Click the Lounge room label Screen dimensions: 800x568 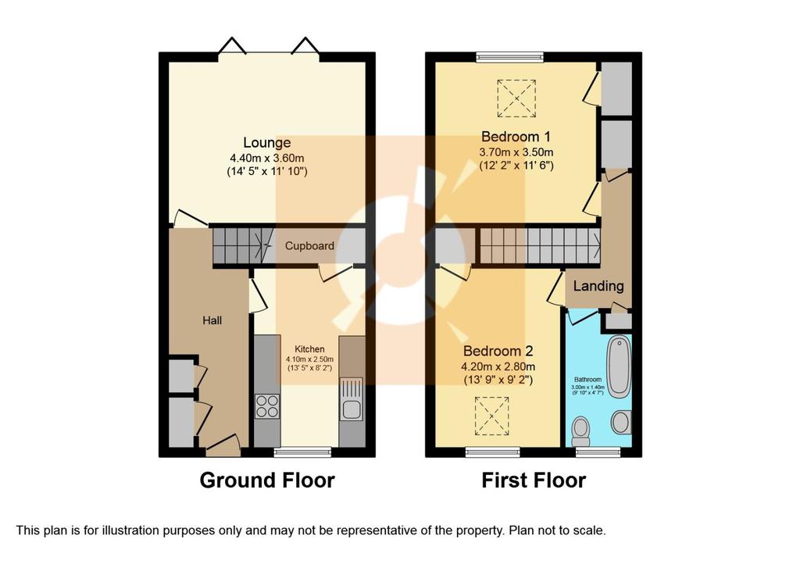267,143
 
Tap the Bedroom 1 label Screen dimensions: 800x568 516,137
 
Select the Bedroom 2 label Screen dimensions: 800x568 498,351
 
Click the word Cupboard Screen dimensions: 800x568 309,246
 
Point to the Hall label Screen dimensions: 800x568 212,320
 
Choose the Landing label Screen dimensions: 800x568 598,286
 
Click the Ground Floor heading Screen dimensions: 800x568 267,480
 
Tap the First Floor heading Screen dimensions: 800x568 534,480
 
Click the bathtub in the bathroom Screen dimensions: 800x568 620,366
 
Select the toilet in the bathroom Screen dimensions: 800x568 580,432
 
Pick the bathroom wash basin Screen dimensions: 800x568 621,422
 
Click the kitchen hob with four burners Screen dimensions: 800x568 267,406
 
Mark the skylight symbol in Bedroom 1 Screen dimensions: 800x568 516,98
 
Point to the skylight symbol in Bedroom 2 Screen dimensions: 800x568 492,416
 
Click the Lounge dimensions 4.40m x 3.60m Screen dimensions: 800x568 267,158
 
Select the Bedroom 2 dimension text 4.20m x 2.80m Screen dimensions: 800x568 498,366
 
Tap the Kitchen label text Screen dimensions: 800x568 309,349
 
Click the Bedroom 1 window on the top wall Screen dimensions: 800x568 509,57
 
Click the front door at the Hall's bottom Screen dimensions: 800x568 223,445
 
